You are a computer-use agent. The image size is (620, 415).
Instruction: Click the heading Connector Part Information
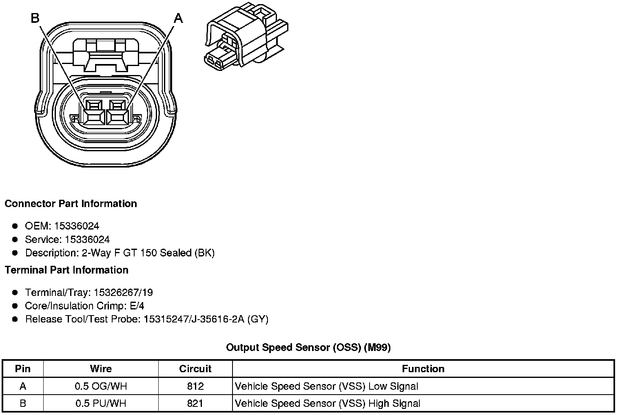click(71, 203)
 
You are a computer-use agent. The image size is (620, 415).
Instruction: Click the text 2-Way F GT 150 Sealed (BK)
click(148, 253)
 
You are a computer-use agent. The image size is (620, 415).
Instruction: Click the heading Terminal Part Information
click(66, 270)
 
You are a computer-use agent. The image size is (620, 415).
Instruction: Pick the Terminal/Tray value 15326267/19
click(123, 292)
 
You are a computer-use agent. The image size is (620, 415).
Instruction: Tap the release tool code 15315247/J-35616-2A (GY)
click(206, 319)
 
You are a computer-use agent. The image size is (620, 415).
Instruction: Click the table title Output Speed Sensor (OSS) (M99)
click(308, 347)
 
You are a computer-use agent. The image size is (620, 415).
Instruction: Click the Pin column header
click(23, 369)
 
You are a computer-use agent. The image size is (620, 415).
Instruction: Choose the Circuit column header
click(195, 369)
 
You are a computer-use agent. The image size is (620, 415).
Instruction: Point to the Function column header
click(423, 369)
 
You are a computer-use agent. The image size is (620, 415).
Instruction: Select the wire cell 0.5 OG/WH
click(101, 386)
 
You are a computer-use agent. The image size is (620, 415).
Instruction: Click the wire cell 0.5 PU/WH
click(101, 404)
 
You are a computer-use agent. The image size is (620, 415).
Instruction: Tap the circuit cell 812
click(195, 386)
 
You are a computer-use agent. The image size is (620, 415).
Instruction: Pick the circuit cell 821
click(195, 404)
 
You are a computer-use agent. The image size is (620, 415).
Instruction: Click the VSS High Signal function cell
click(328, 404)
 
